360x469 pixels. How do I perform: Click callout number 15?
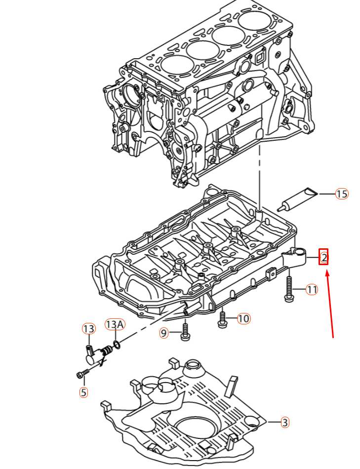pos(342,194)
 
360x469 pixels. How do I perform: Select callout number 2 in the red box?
pos(324,257)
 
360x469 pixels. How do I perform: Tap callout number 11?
pos(312,289)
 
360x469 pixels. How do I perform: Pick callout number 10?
pos(244,318)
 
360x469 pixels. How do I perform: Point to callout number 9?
pos(163,333)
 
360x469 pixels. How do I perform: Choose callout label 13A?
pos(115,324)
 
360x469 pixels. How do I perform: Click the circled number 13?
pos(88,329)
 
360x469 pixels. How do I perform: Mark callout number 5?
pos(84,392)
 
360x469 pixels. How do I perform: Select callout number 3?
pos(285,422)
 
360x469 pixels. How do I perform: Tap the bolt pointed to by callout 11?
pos(289,289)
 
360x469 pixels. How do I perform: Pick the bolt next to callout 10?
pos(222,319)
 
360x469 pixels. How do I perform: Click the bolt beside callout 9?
pos(185,332)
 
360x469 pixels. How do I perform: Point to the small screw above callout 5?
pos(83,373)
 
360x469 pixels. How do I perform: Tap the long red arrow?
pos(330,303)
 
